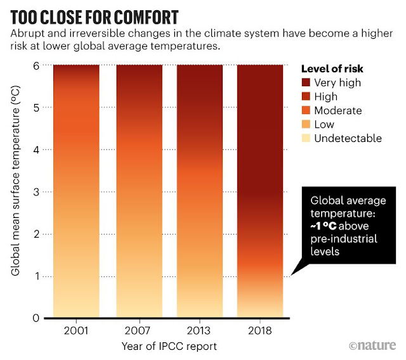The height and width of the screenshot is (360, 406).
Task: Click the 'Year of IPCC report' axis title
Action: tap(171, 347)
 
